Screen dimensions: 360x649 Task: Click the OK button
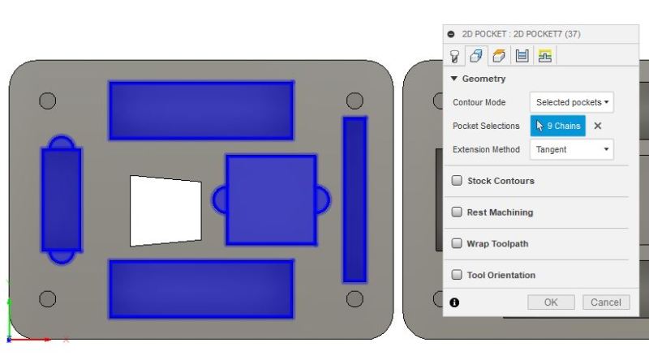click(551, 302)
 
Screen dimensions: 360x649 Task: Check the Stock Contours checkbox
click(458, 181)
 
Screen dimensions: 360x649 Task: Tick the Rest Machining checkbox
click(458, 212)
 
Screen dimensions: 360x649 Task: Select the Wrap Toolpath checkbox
click(458, 243)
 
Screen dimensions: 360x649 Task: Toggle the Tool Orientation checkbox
click(458, 275)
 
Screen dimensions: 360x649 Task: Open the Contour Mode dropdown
click(572, 102)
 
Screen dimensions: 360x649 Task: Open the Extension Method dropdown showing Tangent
click(572, 149)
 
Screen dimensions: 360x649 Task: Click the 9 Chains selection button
click(558, 126)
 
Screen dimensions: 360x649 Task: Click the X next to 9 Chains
click(598, 126)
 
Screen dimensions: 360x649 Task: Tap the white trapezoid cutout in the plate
click(165, 210)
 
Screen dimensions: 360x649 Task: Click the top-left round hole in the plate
click(48, 101)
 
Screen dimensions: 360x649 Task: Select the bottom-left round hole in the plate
click(48, 298)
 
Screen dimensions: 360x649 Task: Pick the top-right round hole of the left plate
click(355, 101)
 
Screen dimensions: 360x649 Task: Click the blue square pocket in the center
click(271, 199)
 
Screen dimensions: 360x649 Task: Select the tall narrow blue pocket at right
click(355, 199)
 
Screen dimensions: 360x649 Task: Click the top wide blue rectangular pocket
click(201, 110)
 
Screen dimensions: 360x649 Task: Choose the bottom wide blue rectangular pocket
click(201, 288)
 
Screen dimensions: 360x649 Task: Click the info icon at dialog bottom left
click(454, 302)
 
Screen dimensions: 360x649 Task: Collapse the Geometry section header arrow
click(454, 79)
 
